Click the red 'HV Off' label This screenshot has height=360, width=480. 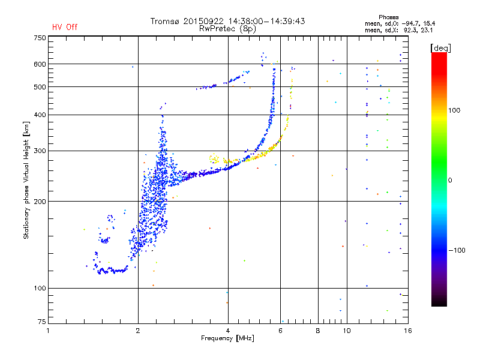pos(65,27)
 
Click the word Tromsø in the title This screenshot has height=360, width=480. pos(165,21)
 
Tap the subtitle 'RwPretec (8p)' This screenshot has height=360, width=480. pos(227,29)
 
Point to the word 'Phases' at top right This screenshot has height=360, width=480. pos(388,17)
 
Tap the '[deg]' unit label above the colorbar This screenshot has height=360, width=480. pos(440,49)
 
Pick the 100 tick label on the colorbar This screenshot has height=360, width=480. pos(454,110)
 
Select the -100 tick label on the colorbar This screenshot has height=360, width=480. pos(457,250)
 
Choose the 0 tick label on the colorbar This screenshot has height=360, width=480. pos(450,181)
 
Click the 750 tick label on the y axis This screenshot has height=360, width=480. pos(40,38)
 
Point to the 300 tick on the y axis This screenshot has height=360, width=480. pos(40,151)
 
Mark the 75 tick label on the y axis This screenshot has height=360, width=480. pos(42,322)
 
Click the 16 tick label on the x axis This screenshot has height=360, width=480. pos(408,331)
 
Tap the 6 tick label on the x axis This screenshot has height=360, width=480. pos(280,331)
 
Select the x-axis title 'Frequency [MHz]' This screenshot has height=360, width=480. pos(227,338)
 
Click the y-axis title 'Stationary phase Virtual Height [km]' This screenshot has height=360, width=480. pos(26,181)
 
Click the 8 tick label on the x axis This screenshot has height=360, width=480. pos(318,331)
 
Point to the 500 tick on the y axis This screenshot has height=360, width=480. pos(40,87)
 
